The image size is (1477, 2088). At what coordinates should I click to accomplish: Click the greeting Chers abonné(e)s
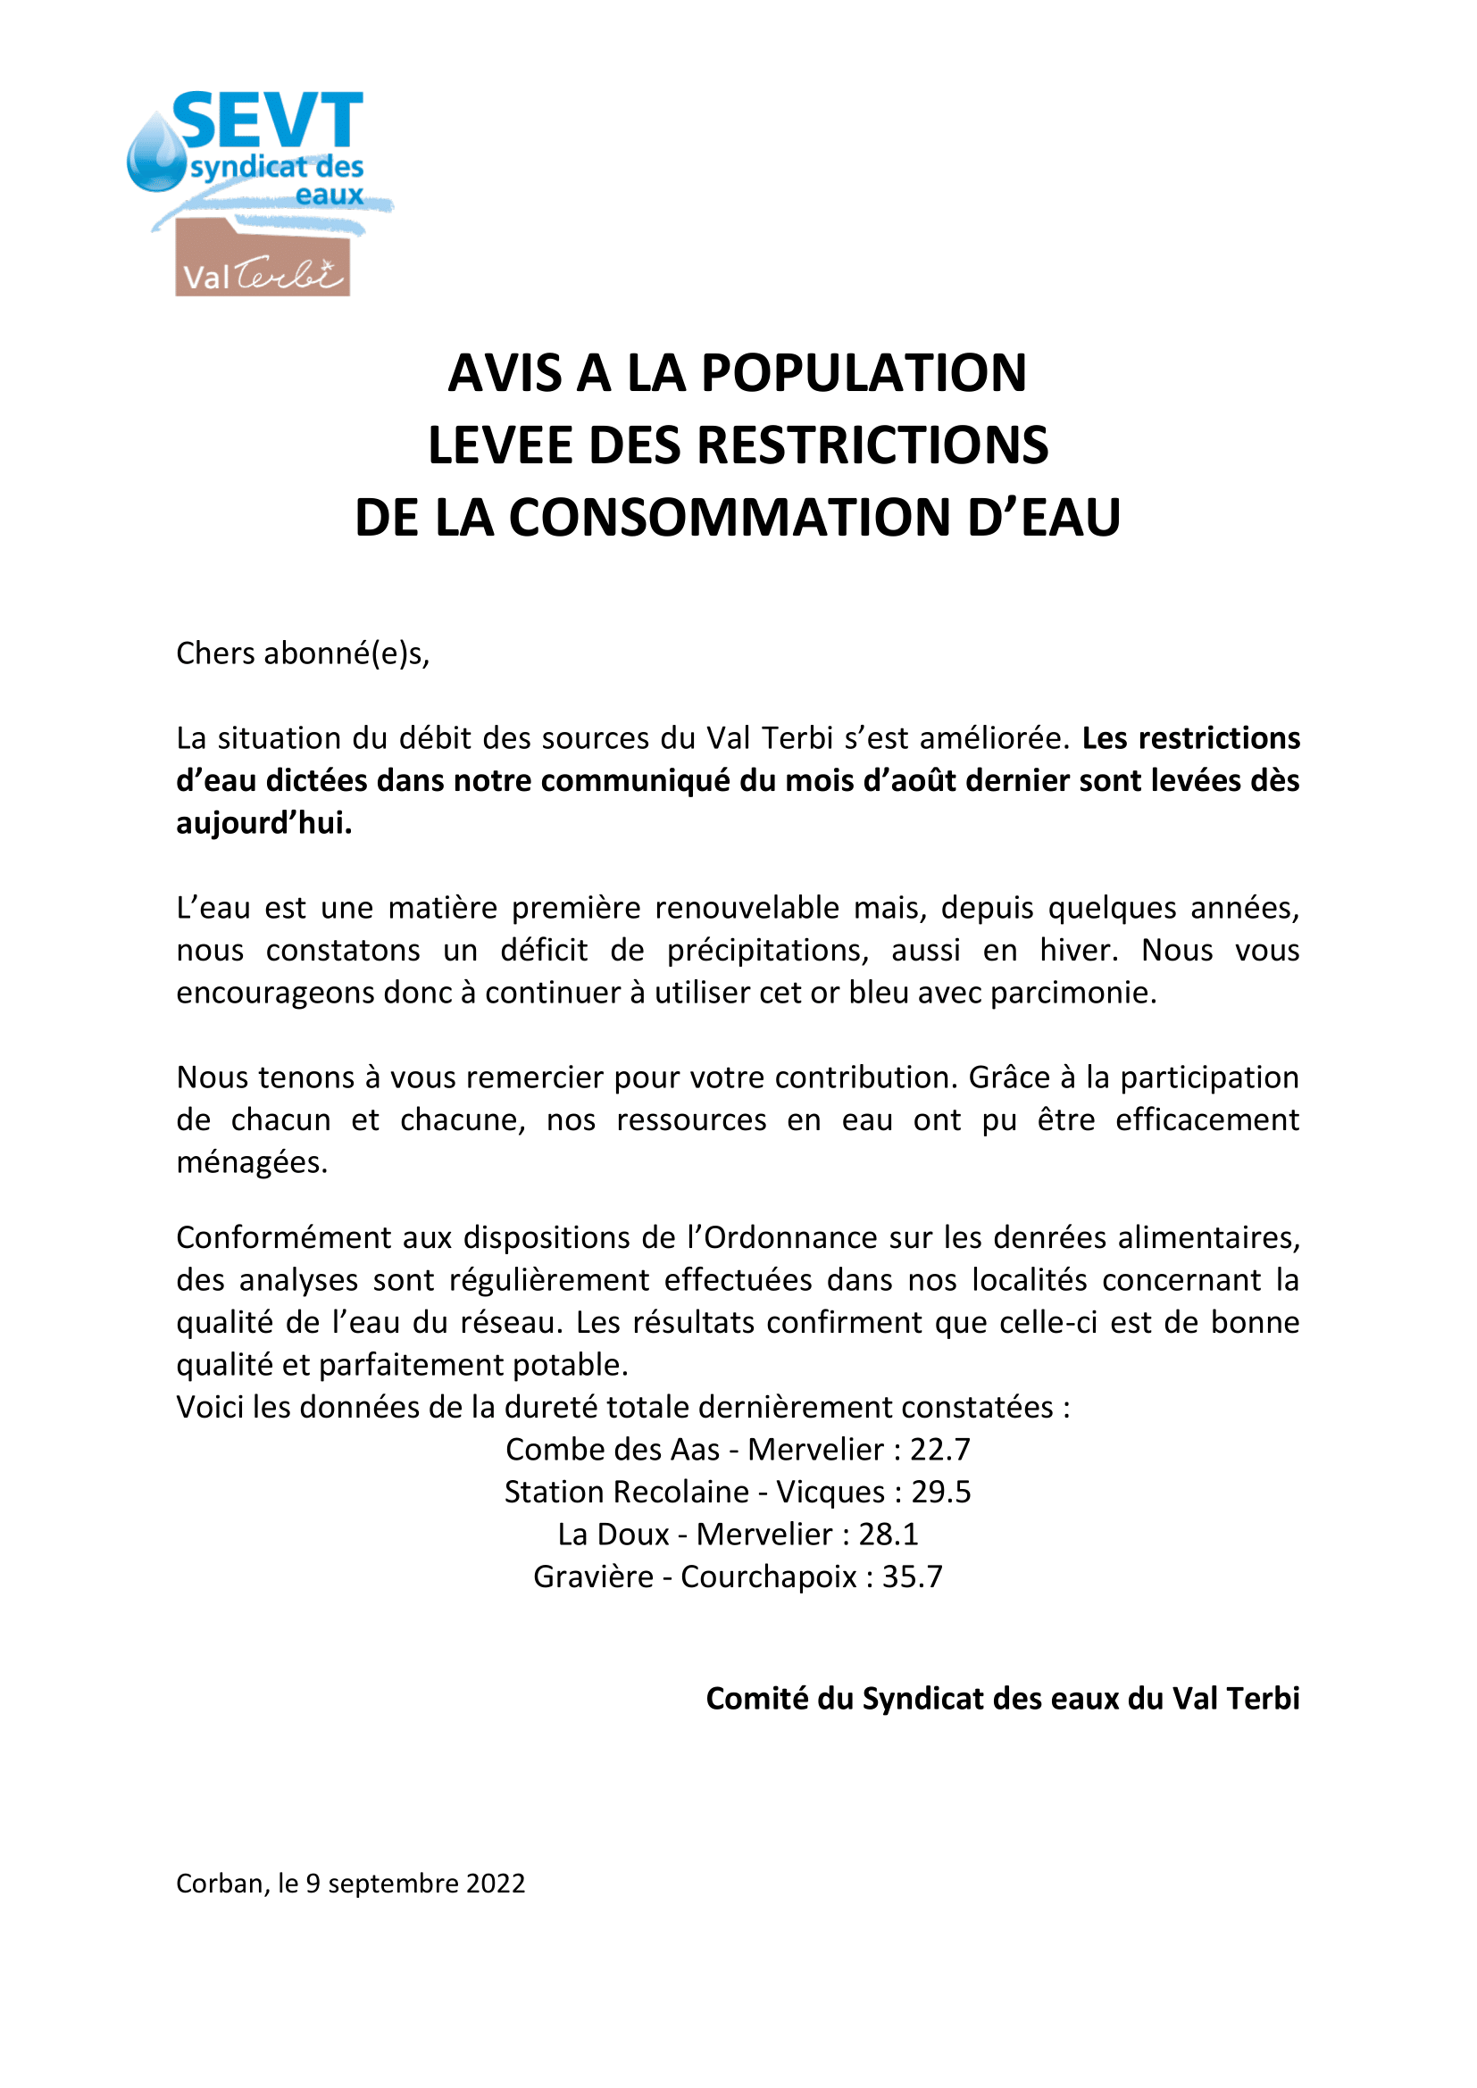pos(302,653)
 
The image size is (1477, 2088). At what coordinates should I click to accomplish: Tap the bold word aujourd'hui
pos(263,822)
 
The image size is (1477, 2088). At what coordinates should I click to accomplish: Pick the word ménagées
pos(251,1161)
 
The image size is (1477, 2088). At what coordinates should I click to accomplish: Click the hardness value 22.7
pos(939,1449)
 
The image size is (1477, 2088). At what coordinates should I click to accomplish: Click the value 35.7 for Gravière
pos(912,1576)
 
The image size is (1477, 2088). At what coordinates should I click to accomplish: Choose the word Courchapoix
pos(768,1576)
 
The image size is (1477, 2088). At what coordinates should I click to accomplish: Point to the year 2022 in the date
pos(495,1883)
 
